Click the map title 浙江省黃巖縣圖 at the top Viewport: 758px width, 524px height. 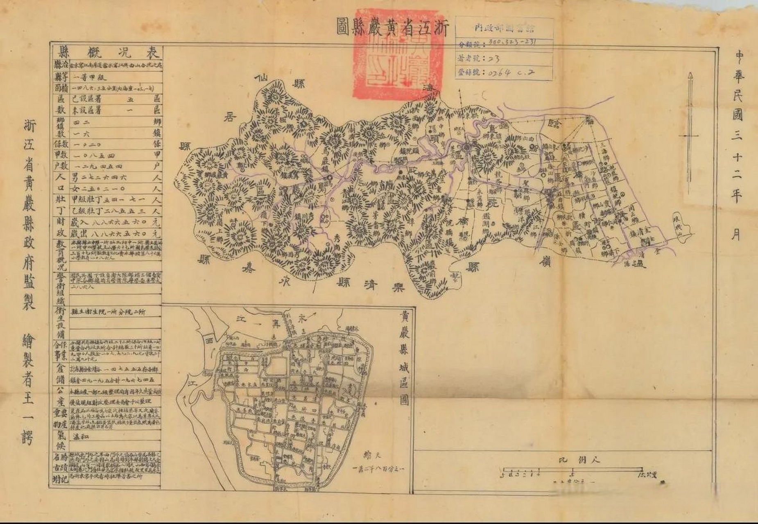point(392,27)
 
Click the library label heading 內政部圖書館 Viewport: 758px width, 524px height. point(505,28)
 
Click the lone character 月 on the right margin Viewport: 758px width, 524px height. point(736,235)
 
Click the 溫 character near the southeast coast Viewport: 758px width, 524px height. point(640,264)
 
